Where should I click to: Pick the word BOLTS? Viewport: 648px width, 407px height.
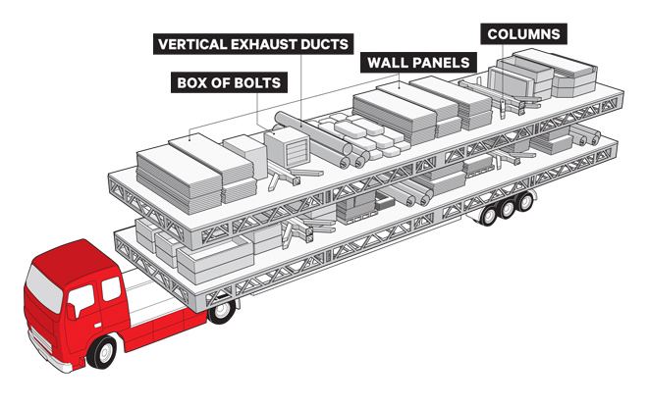click(x=259, y=82)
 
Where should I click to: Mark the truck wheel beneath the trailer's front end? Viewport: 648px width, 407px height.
click(x=223, y=309)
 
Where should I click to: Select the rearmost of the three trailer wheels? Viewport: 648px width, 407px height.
click(x=525, y=202)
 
